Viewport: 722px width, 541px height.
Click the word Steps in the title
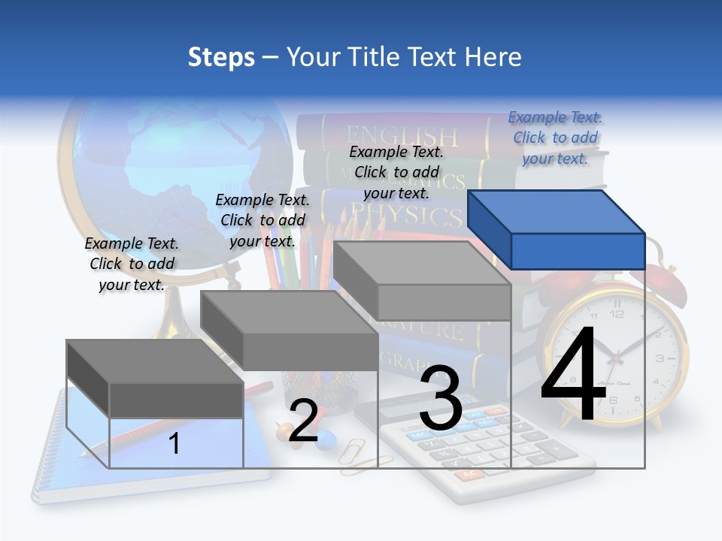(221, 57)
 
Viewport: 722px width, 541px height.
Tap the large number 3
(441, 397)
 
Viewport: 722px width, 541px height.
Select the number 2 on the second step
(303, 421)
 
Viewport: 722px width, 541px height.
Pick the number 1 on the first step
(174, 443)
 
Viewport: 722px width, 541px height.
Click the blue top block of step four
(557, 230)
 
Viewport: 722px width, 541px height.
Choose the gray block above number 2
(290, 331)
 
